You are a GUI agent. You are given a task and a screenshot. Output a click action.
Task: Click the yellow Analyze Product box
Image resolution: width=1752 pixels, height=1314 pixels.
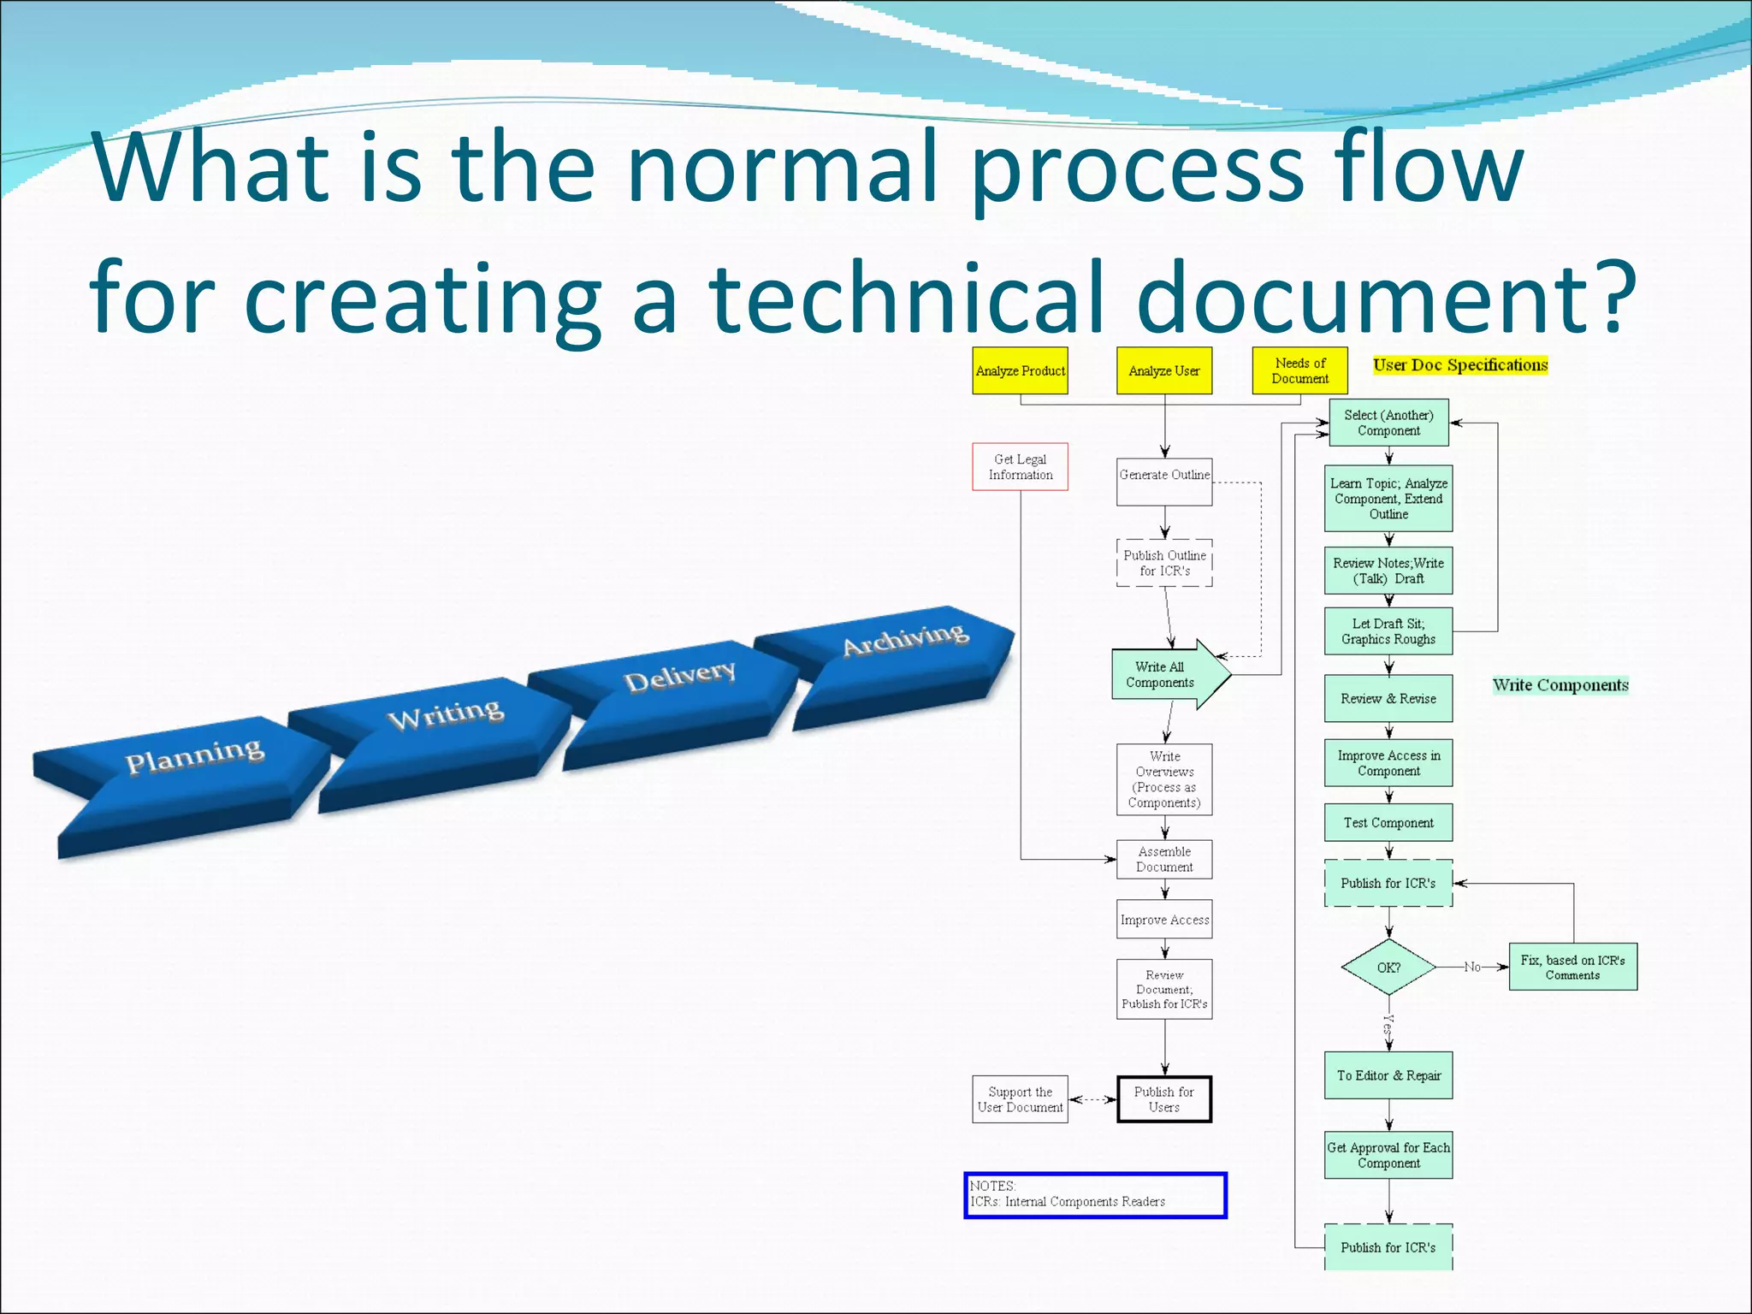(1020, 370)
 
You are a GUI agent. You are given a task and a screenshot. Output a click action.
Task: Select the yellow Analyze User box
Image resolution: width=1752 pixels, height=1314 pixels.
(1163, 370)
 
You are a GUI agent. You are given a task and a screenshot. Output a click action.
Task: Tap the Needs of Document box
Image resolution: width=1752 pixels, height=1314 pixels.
(1299, 370)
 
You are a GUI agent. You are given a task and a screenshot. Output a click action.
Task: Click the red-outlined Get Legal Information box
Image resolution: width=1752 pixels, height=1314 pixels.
(1020, 466)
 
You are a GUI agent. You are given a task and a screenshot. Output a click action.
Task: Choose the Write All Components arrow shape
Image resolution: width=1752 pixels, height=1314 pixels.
(1163, 674)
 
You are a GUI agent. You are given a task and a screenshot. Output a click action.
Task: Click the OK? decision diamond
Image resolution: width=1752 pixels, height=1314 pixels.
(1388, 968)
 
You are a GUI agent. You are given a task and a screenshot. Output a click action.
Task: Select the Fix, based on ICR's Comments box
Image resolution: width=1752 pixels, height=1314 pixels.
(1572, 967)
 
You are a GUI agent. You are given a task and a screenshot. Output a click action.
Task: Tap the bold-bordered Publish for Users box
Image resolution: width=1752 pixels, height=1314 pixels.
(1164, 1098)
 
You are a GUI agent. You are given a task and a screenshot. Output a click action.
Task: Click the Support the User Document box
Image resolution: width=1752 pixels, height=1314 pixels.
(1020, 1098)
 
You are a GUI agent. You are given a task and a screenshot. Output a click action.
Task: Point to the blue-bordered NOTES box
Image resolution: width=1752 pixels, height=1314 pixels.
(1095, 1194)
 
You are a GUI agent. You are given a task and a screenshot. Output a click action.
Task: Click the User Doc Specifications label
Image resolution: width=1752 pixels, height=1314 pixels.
(1460, 365)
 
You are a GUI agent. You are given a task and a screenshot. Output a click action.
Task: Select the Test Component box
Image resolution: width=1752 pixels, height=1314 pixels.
(1388, 822)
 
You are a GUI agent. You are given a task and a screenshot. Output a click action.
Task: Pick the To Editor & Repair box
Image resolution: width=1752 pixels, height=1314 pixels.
(1388, 1075)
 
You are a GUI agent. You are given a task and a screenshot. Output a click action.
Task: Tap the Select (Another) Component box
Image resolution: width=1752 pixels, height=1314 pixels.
(1388, 423)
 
